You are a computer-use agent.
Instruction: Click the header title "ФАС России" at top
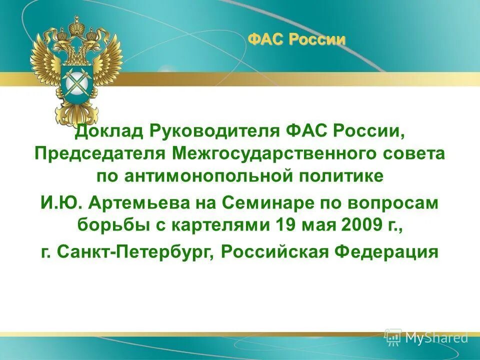(296, 39)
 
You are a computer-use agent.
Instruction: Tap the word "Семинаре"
(266, 203)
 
